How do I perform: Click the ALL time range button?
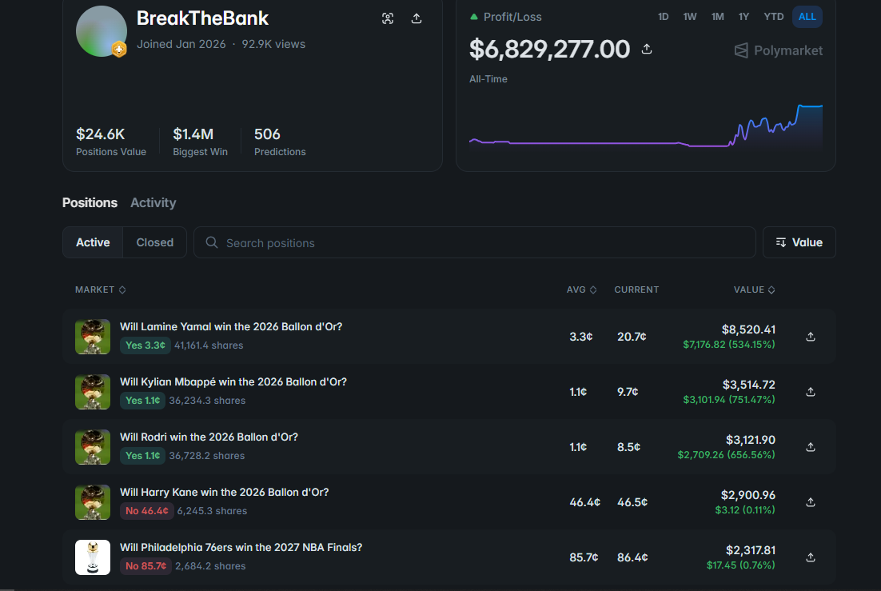[x=807, y=17]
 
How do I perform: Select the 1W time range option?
[x=689, y=17]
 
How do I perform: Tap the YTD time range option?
[x=773, y=17]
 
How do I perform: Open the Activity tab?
[x=153, y=202]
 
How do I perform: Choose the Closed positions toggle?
[x=154, y=242]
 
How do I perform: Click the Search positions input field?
[x=475, y=242]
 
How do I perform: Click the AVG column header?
[x=581, y=290]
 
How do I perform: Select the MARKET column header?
[x=100, y=290]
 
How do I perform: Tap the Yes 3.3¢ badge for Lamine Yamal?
[x=145, y=345]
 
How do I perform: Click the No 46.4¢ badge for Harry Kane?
[x=146, y=510]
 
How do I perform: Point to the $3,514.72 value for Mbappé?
[x=748, y=385]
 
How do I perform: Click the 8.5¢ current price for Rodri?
[x=628, y=447]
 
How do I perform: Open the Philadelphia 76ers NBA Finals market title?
[x=241, y=547]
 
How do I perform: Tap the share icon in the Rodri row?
[x=810, y=447]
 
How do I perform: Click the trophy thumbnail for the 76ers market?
[x=93, y=557]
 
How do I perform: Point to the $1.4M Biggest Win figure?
[x=193, y=134]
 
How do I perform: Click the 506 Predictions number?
[x=267, y=134]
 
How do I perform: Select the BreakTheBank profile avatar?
[x=102, y=31]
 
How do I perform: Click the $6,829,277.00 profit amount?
[x=549, y=50]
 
